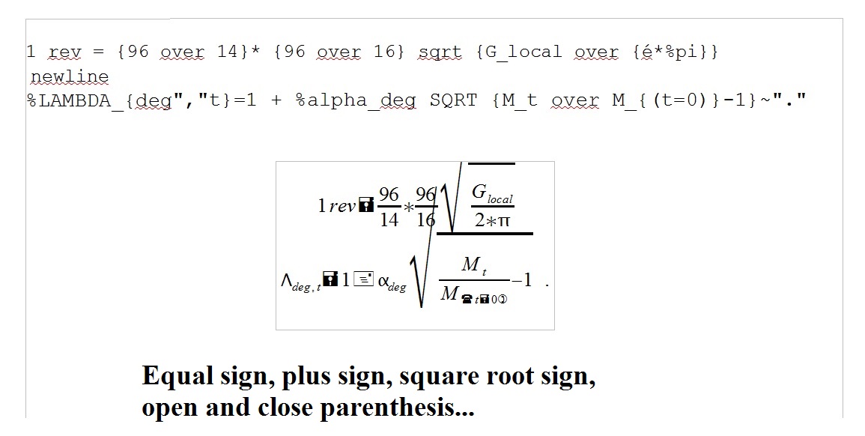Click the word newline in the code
70,76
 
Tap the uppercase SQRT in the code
453,100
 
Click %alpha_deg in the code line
356,100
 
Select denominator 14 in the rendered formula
389,219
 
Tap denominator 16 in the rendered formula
425,219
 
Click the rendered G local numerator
491,193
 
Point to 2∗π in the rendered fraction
492,220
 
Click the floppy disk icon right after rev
366,205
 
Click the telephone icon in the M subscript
467,299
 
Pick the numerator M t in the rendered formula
473,265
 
